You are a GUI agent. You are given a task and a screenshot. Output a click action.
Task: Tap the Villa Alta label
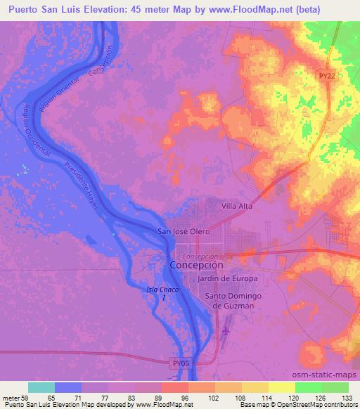(x=236, y=207)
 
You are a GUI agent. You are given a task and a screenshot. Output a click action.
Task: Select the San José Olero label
(x=183, y=233)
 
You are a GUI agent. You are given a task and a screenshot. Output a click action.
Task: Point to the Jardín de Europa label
(x=228, y=279)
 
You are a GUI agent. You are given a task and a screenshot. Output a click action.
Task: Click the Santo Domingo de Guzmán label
(x=233, y=301)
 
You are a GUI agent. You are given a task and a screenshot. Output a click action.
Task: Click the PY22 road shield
(x=324, y=76)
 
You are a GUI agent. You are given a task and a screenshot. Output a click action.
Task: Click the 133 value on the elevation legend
(x=348, y=398)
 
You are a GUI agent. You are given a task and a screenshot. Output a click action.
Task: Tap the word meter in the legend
(x=12, y=398)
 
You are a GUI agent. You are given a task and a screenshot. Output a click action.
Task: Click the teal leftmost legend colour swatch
(x=41, y=387)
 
